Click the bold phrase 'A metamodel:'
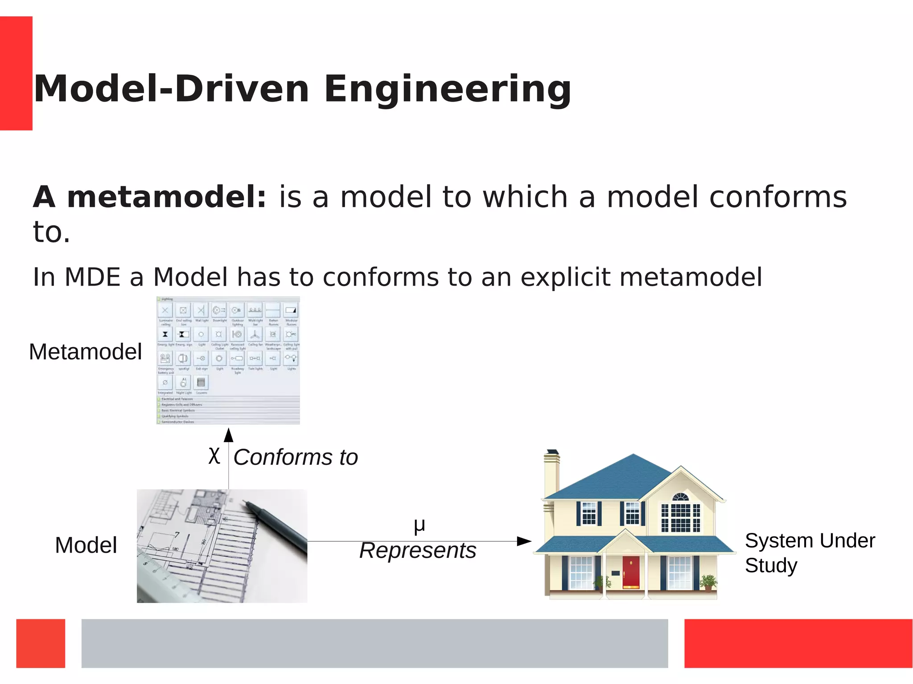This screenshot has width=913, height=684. coord(150,197)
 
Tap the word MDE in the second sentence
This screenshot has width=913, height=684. coord(92,277)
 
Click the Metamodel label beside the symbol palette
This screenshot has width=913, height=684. coord(85,352)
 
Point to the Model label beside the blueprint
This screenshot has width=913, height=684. coord(86,545)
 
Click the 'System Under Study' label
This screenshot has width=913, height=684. coord(809,553)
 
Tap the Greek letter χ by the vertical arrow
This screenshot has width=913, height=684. coord(214,456)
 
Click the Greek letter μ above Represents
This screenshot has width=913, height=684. coord(419,525)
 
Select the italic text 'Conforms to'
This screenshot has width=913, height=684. coord(296,458)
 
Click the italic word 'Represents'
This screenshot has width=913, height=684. coord(418,551)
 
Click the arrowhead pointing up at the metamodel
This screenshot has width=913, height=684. coord(229,435)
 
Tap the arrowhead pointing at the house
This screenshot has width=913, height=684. coord(523,541)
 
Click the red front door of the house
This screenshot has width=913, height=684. coord(631,572)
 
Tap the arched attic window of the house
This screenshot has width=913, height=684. coord(680,497)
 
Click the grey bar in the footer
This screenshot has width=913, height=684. coord(374,643)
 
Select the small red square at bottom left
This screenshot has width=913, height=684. coord(41,643)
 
